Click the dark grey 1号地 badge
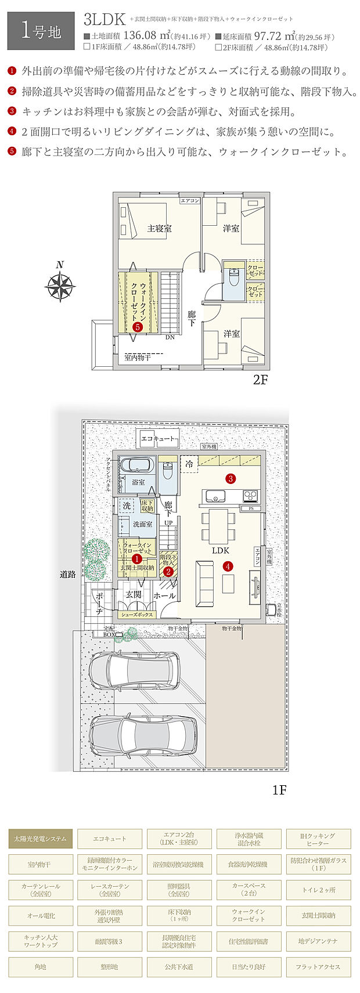coord(41,31)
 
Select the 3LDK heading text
coord(105,20)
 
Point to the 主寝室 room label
coord(159,229)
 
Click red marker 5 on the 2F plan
coord(137,327)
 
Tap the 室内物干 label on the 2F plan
coord(138,358)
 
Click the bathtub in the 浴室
coord(136,465)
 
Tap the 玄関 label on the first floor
coord(134,594)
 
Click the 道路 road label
coord(68,575)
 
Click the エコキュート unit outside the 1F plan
coord(157,439)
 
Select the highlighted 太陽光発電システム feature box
coord(41,839)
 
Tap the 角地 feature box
coord(41,967)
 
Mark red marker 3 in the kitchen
coord(231,479)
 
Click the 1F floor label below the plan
coord(279,790)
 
